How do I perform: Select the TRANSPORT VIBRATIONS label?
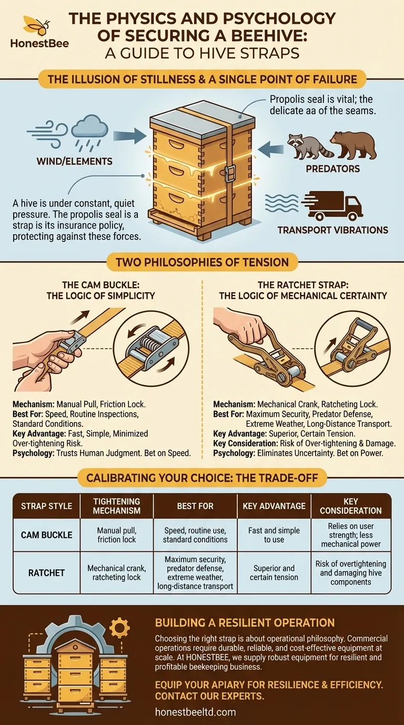click(x=332, y=230)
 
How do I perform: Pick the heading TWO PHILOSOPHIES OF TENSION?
click(x=202, y=262)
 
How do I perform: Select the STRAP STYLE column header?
click(x=46, y=506)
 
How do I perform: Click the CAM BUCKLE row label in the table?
click(x=46, y=535)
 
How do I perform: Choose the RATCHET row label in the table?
click(x=46, y=572)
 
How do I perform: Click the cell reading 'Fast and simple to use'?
click(x=274, y=535)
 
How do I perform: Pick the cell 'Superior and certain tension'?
click(x=274, y=572)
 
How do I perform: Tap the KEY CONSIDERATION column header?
click(x=351, y=506)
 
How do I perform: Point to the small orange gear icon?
click(x=120, y=628)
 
